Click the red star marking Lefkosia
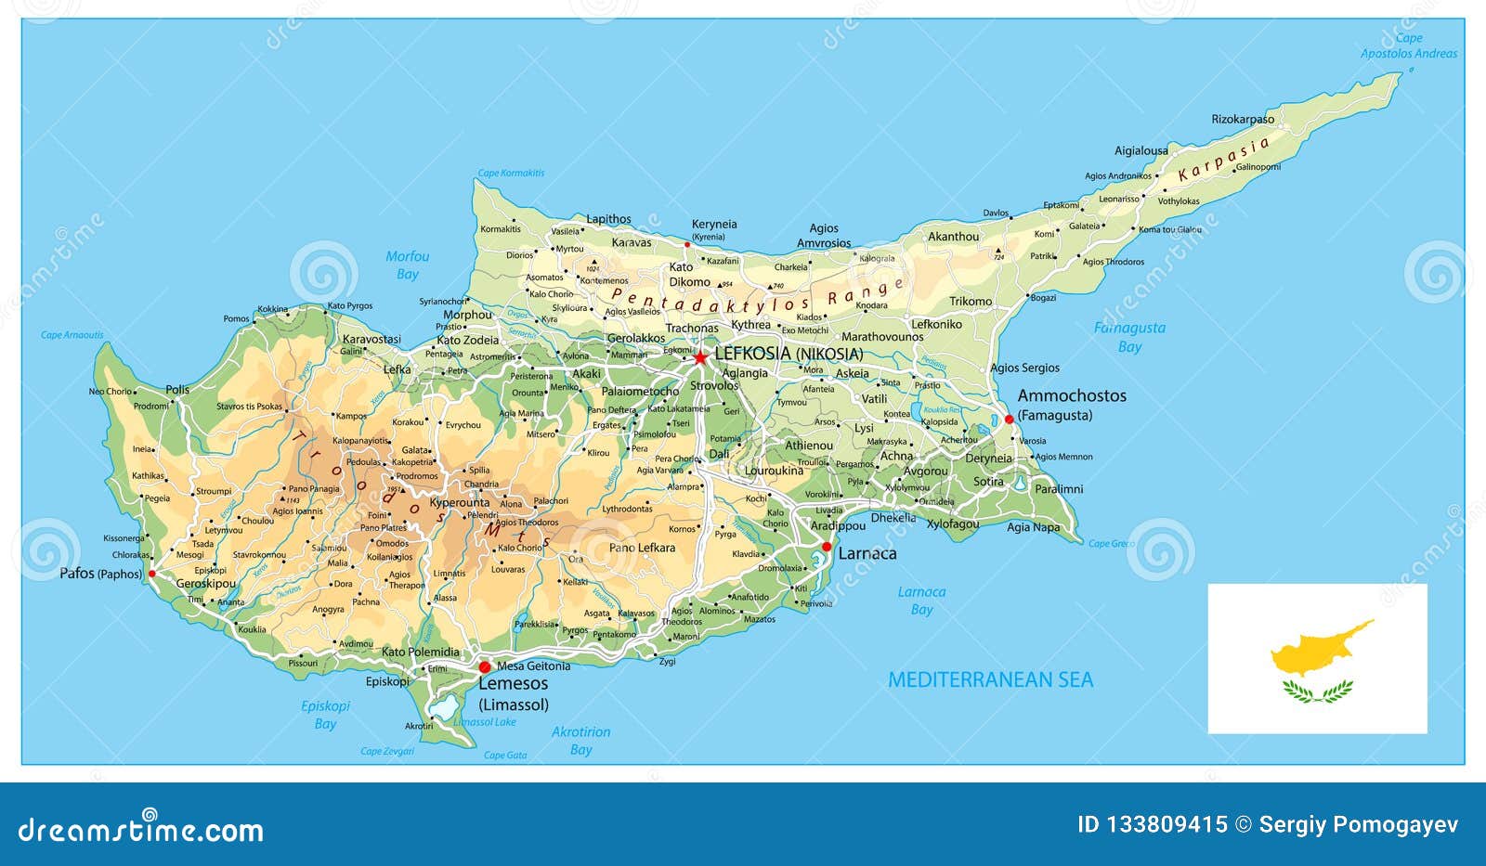coord(700,357)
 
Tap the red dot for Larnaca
coord(827,547)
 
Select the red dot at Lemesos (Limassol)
coord(484,666)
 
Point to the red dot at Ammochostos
coord(1010,420)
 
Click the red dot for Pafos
coord(152,574)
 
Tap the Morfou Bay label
coord(408,265)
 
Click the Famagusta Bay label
coord(1129,337)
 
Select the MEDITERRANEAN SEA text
coord(990,680)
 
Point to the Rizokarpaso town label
coord(1243,119)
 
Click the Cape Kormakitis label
coord(511,173)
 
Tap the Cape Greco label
coord(1111,544)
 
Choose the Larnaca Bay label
coord(921,601)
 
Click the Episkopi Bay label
coord(325,715)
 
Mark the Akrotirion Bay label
coord(580,741)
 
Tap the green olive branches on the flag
coord(1317,690)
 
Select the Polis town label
coord(177,390)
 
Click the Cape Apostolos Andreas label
coord(1409,46)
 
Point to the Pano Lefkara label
coord(642,548)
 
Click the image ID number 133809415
coord(1166,824)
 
